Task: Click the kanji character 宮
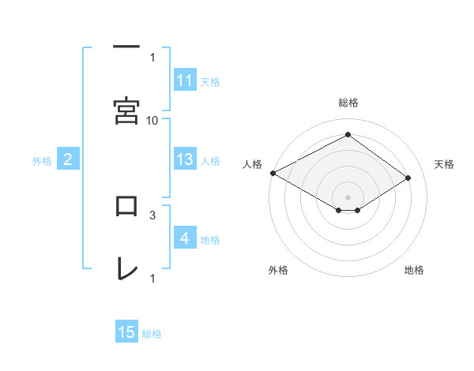(126, 111)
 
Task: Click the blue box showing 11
(185, 81)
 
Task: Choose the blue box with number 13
(185, 159)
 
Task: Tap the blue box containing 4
(185, 238)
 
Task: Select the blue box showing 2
(68, 160)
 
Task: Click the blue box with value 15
(126, 332)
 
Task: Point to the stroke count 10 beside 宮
(152, 120)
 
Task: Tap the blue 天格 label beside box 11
(210, 81)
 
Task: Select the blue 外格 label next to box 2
(42, 161)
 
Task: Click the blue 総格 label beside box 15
(152, 334)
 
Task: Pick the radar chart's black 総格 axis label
(348, 103)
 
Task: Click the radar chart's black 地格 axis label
(414, 271)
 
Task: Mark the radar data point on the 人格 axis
(273, 172)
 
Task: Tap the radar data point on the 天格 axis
(408, 178)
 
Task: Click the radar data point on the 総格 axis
(348, 135)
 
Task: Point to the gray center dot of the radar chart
(348, 197)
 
